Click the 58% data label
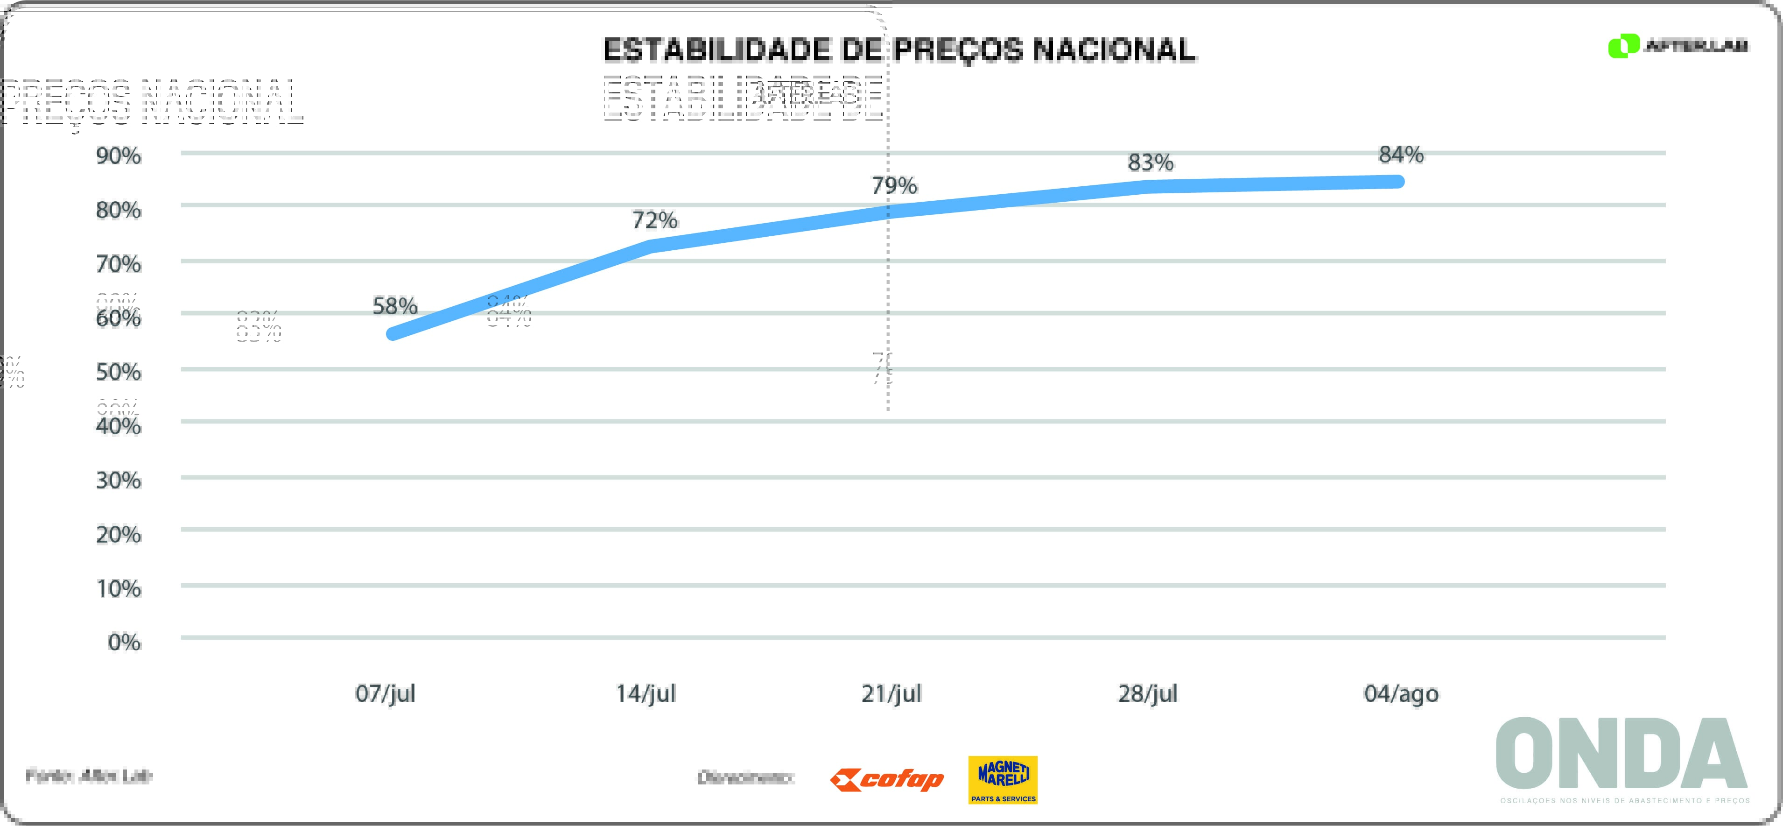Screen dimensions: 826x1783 click(x=394, y=306)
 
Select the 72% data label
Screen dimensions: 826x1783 click(x=655, y=220)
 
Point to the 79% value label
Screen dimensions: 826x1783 click(x=894, y=185)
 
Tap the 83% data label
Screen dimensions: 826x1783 click(x=1151, y=162)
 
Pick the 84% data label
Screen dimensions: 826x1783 click(x=1401, y=155)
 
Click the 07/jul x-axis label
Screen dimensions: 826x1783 click(x=386, y=693)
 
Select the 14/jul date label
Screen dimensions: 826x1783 click(x=646, y=693)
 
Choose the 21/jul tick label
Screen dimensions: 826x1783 click(x=891, y=693)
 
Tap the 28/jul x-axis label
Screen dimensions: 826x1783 click(x=1148, y=693)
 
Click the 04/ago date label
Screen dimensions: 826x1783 click(x=1401, y=693)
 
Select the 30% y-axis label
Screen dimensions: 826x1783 click(x=119, y=480)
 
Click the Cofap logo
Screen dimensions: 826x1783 click(x=887, y=780)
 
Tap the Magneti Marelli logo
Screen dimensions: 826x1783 click(x=1003, y=780)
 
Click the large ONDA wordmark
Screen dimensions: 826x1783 click(x=1621, y=753)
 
